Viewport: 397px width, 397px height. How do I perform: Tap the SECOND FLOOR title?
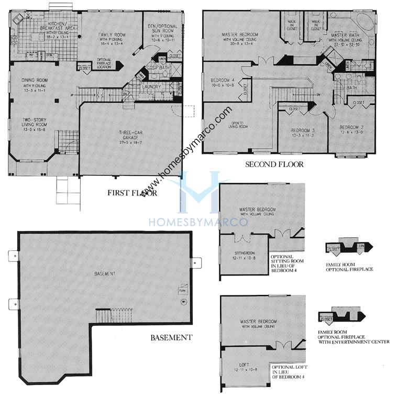pyautogui.click(x=274, y=164)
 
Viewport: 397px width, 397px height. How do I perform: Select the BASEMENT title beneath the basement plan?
pyautogui.click(x=171, y=337)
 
